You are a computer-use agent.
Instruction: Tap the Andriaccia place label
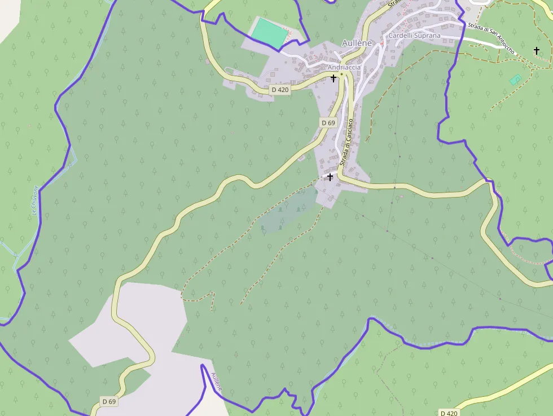[x=344, y=67]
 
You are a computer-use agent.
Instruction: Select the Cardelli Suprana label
[x=414, y=36]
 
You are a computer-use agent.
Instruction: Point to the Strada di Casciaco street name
[x=346, y=141]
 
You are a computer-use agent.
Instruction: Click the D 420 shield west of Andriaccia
[x=280, y=90]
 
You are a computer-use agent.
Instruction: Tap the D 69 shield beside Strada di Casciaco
[x=328, y=122]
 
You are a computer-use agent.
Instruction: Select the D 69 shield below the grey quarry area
[x=109, y=401]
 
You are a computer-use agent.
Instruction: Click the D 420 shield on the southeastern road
[x=449, y=413]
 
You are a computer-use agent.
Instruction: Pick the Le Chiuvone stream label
[x=35, y=200]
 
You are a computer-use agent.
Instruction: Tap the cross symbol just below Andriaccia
[x=333, y=78]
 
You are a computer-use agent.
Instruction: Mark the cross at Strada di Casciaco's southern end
[x=330, y=177]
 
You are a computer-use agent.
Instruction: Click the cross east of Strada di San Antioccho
[x=537, y=51]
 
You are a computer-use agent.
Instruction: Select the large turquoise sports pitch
[x=269, y=33]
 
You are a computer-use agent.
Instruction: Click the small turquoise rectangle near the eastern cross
[x=515, y=80]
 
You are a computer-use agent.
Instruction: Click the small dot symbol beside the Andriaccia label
[x=341, y=73]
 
